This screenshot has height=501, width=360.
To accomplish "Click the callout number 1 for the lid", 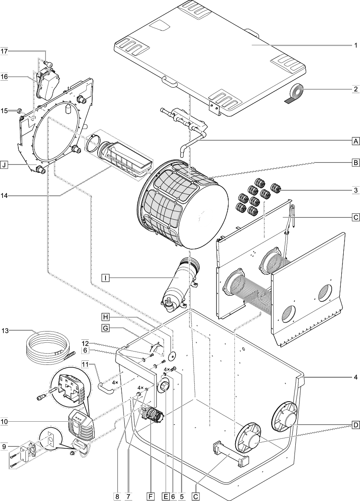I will [x=355, y=45].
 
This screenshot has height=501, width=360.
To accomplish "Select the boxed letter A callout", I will [x=355, y=141].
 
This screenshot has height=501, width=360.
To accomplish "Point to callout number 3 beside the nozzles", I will [x=355, y=190].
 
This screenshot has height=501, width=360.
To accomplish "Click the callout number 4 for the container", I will [x=355, y=377].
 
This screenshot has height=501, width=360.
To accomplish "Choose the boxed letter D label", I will [x=355, y=425].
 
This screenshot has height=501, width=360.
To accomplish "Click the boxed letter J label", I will [x=4, y=165].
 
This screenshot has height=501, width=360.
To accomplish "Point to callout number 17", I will [x=5, y=51].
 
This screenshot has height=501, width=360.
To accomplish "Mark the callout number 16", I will [x=5, y=76].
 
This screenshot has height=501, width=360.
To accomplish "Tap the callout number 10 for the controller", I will [x=5, y=422].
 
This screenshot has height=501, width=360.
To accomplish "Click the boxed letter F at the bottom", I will [x=150, y=496].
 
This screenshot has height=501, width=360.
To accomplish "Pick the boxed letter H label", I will [x=106, y=316].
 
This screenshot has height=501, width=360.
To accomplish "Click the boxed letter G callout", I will [x=106, y=329].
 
